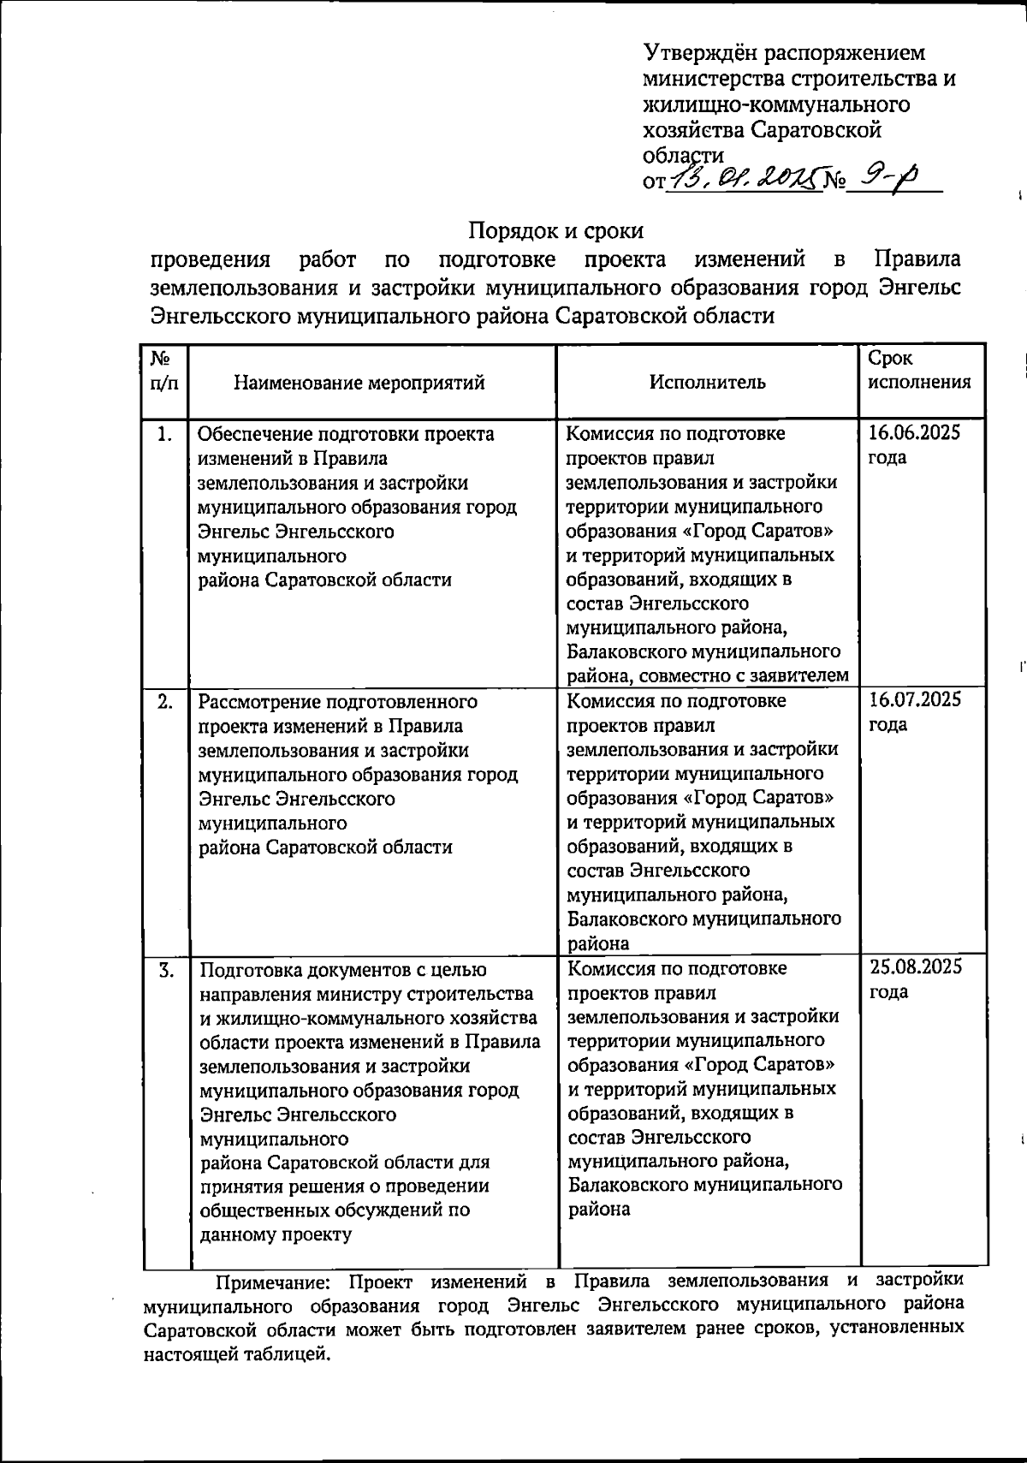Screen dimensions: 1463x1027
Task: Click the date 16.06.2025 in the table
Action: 913,432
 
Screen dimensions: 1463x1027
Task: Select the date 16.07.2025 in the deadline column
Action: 915,700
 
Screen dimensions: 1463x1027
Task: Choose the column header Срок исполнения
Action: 919,371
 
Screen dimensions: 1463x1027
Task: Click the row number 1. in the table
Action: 165,434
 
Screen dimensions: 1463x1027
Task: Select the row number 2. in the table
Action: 165,701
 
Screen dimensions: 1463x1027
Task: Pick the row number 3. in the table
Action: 166,969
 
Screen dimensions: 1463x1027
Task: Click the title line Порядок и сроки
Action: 555,230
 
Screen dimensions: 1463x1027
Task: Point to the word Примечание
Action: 270,1282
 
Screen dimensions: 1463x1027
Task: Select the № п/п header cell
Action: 165,371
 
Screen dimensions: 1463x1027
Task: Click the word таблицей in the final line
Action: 285,1355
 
